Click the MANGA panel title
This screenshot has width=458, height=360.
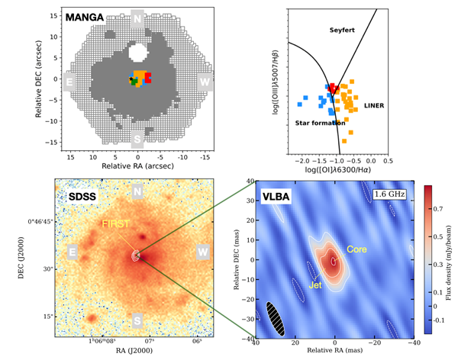[85, 17]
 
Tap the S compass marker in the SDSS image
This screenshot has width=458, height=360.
[137, 319]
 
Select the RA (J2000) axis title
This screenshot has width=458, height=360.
[137, 353]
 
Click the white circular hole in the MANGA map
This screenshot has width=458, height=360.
[138, 53]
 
